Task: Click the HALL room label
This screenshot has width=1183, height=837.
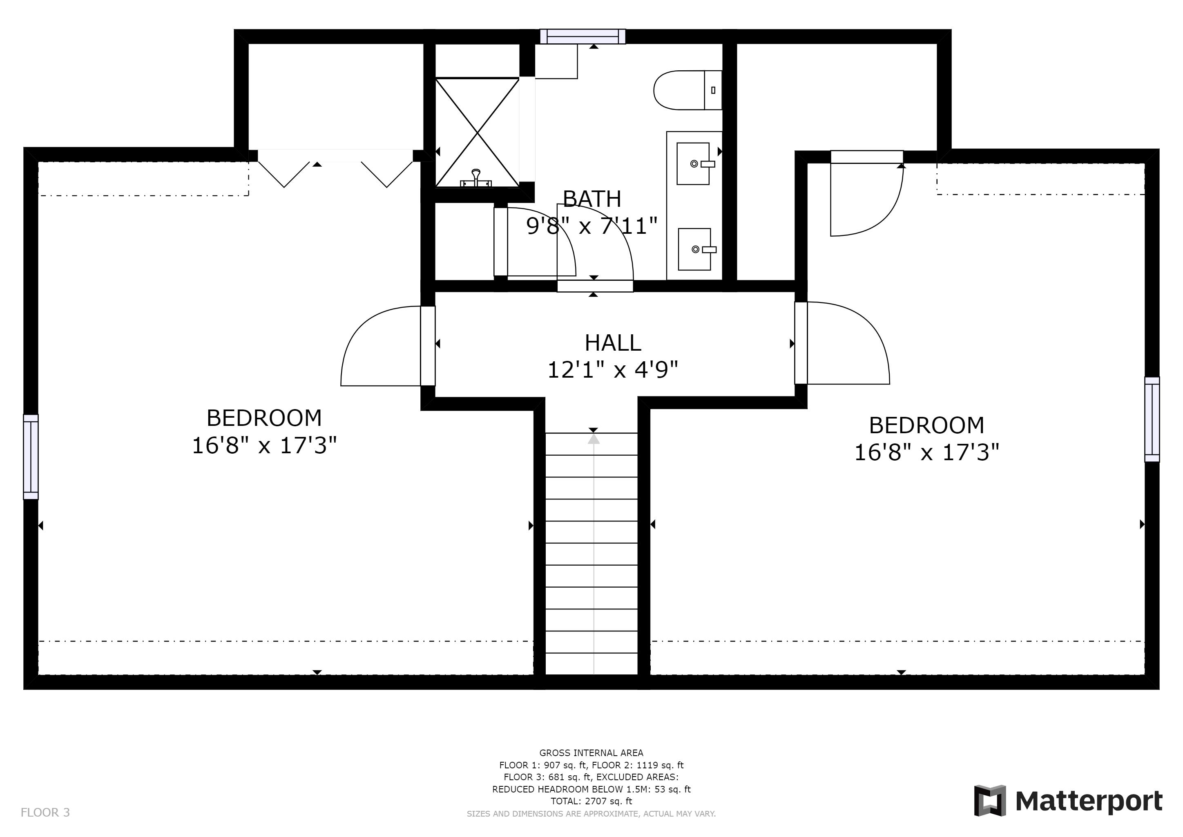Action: pos(613,343)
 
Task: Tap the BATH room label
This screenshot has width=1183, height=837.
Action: pos(591,199)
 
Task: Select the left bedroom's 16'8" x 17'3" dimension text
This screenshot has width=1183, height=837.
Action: pos(264,445)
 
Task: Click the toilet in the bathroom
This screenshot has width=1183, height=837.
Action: pos(687,90)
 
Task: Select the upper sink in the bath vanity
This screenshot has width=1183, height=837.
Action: pos(694,164)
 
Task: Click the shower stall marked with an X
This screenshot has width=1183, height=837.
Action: pos(477,132)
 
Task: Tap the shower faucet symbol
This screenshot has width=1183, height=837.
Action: pos(476,178)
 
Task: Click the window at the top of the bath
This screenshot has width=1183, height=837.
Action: pos(583,37)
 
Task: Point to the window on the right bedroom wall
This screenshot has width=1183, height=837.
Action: pos(1152,420)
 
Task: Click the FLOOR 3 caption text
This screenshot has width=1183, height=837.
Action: pos(45,813)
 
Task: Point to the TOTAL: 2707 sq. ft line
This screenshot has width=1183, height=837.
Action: pos(591,801)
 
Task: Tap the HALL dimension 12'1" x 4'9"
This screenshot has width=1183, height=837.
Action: pos(613,369)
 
